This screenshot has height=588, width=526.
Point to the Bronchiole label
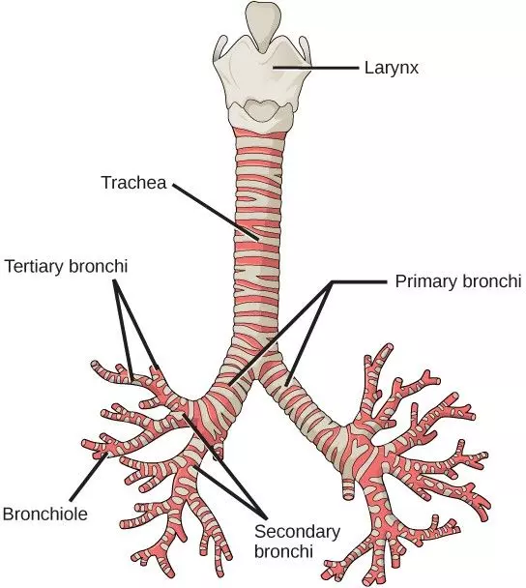pos(44,514)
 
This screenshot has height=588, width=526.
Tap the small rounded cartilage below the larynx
pos(261,110)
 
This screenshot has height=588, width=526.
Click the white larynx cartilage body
pos(261,73)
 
